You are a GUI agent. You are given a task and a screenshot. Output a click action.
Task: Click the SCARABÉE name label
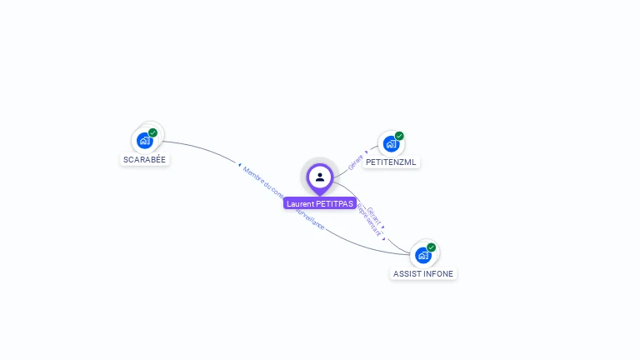145,159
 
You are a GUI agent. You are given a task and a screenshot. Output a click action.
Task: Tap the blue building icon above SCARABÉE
144,140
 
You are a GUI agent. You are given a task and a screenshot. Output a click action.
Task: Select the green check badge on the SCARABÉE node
152,132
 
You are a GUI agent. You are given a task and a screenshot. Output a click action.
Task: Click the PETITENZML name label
391,162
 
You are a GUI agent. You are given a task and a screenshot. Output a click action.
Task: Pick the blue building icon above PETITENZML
390,143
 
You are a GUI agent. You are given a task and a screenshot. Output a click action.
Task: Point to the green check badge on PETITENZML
399,136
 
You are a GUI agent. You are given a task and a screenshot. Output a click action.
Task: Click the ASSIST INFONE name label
423,273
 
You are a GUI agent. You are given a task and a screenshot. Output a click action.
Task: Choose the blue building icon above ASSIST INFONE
423,254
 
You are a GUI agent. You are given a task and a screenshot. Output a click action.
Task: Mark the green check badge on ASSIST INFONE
431,247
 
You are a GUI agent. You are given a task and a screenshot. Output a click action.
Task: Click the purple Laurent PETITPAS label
320,203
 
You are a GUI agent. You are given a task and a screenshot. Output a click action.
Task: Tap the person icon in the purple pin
320,177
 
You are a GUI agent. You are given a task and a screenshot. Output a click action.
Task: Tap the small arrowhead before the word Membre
239,165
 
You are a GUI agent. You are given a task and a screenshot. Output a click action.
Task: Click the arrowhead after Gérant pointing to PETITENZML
366,153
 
